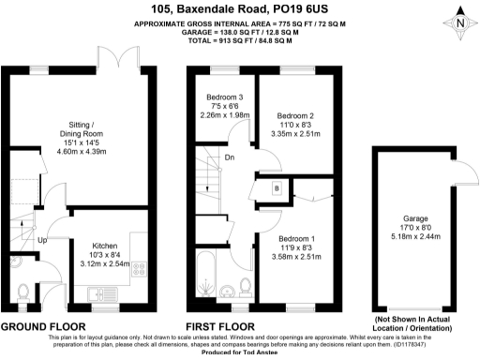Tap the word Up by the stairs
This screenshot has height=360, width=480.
pyautogui.click(x=41, y=239)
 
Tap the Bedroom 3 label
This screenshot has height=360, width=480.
pyautogui.click(x=226, y=97)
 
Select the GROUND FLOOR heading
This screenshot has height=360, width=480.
pyautogui.click(x=46, y=325)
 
